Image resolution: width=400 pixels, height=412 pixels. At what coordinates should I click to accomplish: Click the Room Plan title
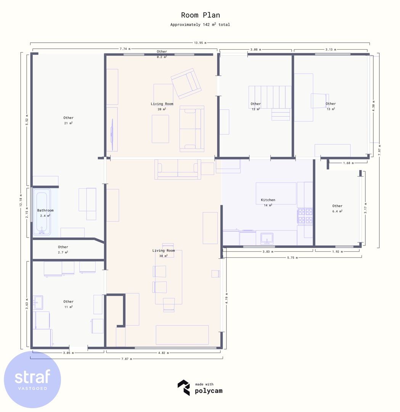tap(201, 15)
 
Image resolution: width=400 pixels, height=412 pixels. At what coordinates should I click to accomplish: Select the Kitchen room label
tap(268, 200)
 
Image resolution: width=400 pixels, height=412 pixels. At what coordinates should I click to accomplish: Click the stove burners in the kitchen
tap(305, 216)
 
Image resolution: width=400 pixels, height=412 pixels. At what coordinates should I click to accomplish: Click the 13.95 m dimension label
tap(200, 43)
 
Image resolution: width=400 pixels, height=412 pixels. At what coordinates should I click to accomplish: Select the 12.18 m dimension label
tap(21, 201)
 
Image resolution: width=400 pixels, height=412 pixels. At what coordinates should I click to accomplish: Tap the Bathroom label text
tap(45, 211)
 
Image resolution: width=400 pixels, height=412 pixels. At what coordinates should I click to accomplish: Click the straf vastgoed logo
tap(32, 380)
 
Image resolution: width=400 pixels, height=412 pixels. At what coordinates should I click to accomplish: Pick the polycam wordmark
tap(209, 391)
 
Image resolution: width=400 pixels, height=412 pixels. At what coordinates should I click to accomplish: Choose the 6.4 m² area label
tap(337, 211)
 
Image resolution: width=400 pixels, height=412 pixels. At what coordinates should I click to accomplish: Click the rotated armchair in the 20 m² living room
tap(186, 84)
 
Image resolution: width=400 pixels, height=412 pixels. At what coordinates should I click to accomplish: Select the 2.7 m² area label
tap(63, 252)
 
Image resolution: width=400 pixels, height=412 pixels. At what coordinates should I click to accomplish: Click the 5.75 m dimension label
tap(292, 258)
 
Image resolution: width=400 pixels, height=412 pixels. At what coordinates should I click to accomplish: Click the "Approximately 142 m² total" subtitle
tap(200, 24)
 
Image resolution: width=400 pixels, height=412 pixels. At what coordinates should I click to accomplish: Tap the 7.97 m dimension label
tap(379, 150)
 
